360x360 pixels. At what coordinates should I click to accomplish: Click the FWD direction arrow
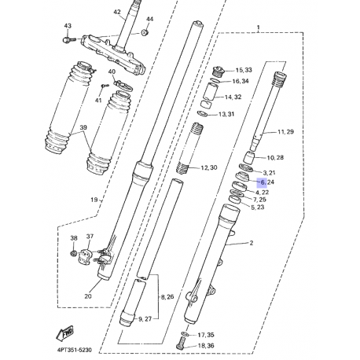(64, 333)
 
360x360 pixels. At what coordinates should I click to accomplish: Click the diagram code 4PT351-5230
(75, 350)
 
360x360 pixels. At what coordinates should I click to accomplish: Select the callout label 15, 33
(244, 70)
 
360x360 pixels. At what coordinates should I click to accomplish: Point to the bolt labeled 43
(69, 40)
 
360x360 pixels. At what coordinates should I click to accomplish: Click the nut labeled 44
(145, 32)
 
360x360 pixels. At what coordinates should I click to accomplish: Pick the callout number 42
(117, 12)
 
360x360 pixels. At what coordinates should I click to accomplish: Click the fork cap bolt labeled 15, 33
(219, 71)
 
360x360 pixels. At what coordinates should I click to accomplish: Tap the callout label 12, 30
(209, 167)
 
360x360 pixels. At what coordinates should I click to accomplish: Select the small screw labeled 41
(105, 86)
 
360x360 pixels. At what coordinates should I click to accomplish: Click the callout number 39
(83, 127)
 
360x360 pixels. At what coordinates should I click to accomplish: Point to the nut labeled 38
(74, 253)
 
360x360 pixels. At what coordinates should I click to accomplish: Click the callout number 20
(88, 296)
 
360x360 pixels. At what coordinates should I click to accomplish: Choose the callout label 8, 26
(167, 297)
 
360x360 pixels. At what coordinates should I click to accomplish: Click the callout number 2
(252, 243)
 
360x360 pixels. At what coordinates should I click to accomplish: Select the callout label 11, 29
(285, 132)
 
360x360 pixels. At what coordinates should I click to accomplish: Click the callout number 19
(94, 200)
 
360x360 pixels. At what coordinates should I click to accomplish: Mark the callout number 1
(259, 28)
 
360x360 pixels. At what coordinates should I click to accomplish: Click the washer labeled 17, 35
(186, 334)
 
